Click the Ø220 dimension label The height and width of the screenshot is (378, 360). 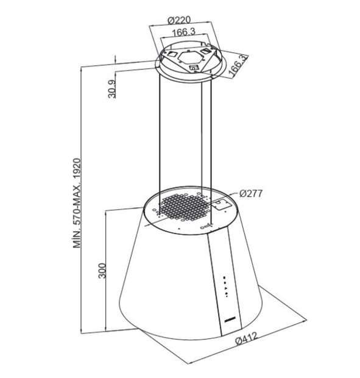(179, 20)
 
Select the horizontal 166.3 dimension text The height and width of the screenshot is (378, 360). (183, 32)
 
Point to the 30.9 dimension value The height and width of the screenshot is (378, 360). (111, 89)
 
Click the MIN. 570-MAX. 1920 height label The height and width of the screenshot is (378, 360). (77, 203)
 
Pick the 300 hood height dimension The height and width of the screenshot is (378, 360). (102, 271)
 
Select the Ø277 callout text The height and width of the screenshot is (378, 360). (251, 194)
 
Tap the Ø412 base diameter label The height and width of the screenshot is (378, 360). (247, 338)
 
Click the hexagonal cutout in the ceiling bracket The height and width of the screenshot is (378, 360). (189, 57)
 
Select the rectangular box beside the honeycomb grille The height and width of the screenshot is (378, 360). (220, 205)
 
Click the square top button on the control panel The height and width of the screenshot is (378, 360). (224, 278)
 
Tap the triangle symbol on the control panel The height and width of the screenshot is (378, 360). (225, 288)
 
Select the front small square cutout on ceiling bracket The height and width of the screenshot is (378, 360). (193, 68)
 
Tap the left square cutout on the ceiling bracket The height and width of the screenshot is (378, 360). (172, 54)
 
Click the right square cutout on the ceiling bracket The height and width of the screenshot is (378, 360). (205, 51)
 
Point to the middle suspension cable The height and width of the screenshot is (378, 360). (202, 135)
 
